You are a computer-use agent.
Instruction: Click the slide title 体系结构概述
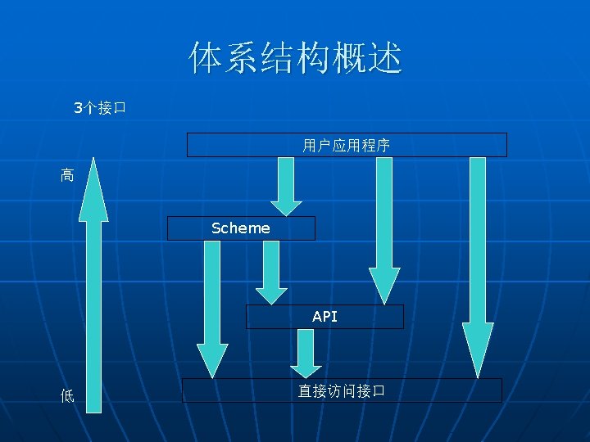(x=295, y=59)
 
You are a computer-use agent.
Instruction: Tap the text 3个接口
(x=98, y=107)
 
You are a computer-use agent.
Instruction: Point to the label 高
(x=67, y=174)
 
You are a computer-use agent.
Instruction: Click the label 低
(x=67, y=396)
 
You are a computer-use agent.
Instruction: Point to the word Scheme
(x=240, y=228)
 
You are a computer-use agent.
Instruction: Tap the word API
(x=324, y=316)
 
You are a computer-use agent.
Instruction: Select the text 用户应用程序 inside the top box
(x=346, y=146)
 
